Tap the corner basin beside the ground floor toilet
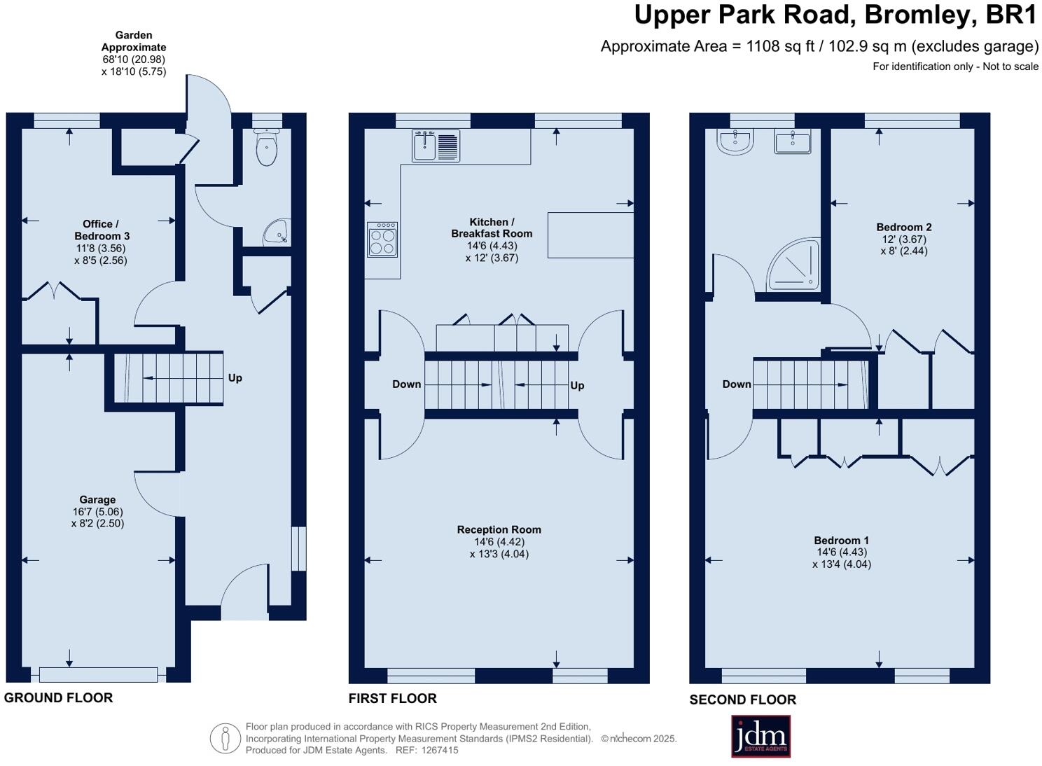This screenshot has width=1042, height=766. [278, 232]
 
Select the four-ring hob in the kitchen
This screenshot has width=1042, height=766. [382, 239]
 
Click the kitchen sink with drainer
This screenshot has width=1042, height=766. [436, 146]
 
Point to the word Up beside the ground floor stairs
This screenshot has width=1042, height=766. [235, 378]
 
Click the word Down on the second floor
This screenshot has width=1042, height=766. [737, 384]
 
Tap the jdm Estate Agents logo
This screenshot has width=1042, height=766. [760, 737]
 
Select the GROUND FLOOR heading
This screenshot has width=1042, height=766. [59, 697]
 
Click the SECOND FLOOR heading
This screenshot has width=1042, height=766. [743, 699]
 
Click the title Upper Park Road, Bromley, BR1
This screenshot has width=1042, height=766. [836, 15]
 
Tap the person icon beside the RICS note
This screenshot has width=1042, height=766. [225, 738]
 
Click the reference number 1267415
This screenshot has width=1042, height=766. [440, 750]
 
